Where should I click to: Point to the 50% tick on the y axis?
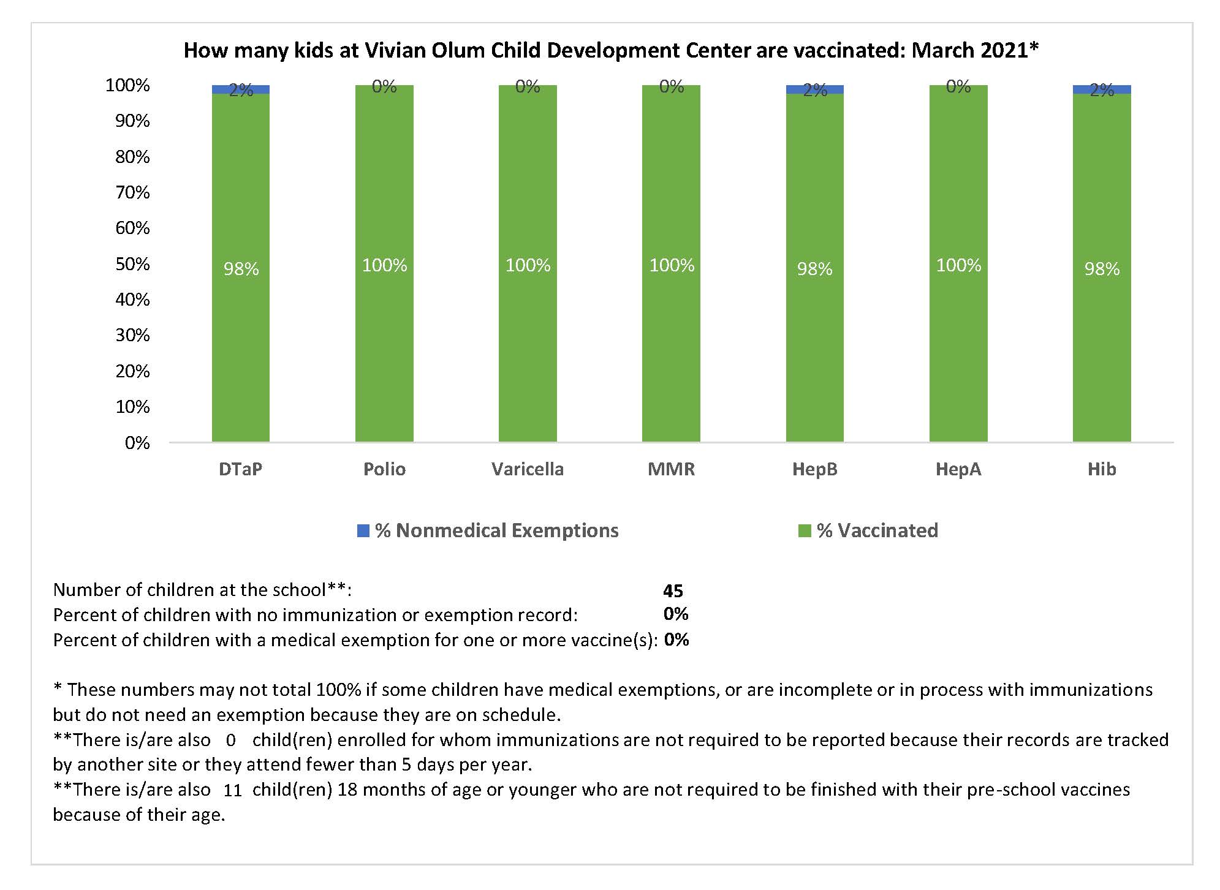pos(132,264)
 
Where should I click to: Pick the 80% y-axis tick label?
pos(132,157)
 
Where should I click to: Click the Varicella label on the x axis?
pos(528,469)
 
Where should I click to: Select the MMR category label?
pos(672,469)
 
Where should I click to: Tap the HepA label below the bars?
pos(958,469)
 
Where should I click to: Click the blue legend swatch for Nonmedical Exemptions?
pos(363,530)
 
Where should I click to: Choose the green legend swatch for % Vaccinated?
pos(805,530)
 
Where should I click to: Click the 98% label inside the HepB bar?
pos(815,269)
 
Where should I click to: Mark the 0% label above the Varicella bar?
pos(528,87)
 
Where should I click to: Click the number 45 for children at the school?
pos(673,590)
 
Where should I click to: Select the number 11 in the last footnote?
pos(233,790)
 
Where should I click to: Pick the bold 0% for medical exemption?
pos(676,639)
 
